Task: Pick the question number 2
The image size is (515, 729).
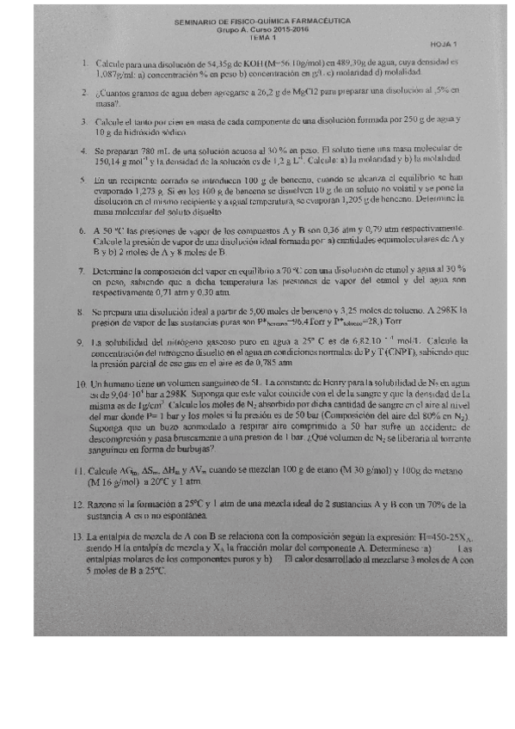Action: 84,91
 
